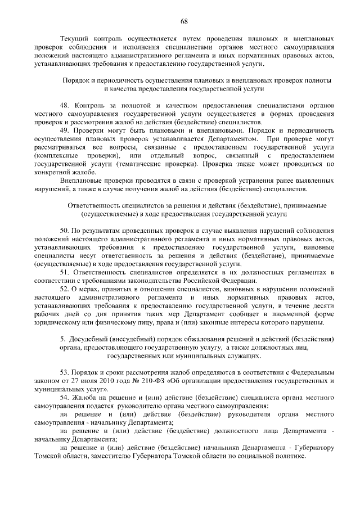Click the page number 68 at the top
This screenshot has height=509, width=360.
point(183,21)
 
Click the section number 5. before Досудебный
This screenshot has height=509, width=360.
point(62,339)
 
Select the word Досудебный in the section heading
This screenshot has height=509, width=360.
point(89,339)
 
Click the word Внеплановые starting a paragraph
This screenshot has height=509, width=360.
point(82,181)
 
